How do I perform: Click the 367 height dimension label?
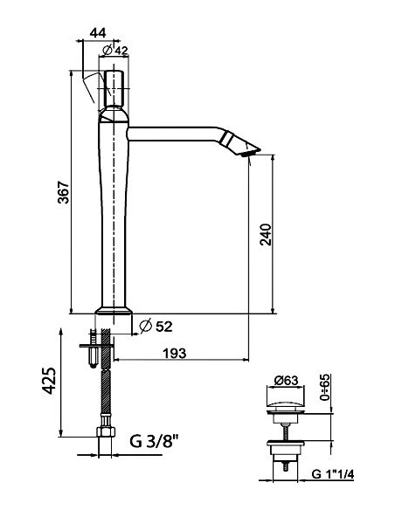pos(64,192)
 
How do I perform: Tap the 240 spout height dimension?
pos(266,234)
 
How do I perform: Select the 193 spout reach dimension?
pos(175,353)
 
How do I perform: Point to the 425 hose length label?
pos(50,381)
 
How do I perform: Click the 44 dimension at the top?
pos(98,33)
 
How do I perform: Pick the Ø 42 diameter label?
pos(115,51)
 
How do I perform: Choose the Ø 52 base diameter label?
pos(156,327)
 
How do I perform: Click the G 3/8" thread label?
pos(155,441)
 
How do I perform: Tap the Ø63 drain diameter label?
pos(286,380)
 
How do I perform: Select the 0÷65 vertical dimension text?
pos(325,388)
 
